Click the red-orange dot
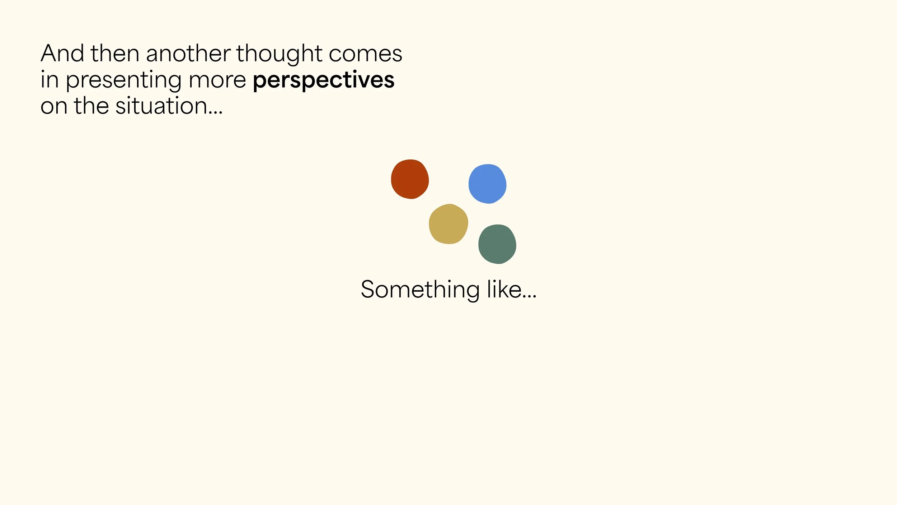tap(410, 179)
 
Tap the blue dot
tap(487, 184)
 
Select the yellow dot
tap(448, 224)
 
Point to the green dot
tap(497, 244)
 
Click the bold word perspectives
tap(324, 80)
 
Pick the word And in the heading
tap(62, 53)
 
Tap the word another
tap(188, 53)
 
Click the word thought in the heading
tap(279, 54)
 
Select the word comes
tap(365, 55)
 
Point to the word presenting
tap(123, 80)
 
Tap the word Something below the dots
tap(420, 289)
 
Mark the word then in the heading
tap(115, 53)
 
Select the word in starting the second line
tap(50, 80)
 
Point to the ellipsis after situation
tap(215, 113)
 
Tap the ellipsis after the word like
tap(529, 296)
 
